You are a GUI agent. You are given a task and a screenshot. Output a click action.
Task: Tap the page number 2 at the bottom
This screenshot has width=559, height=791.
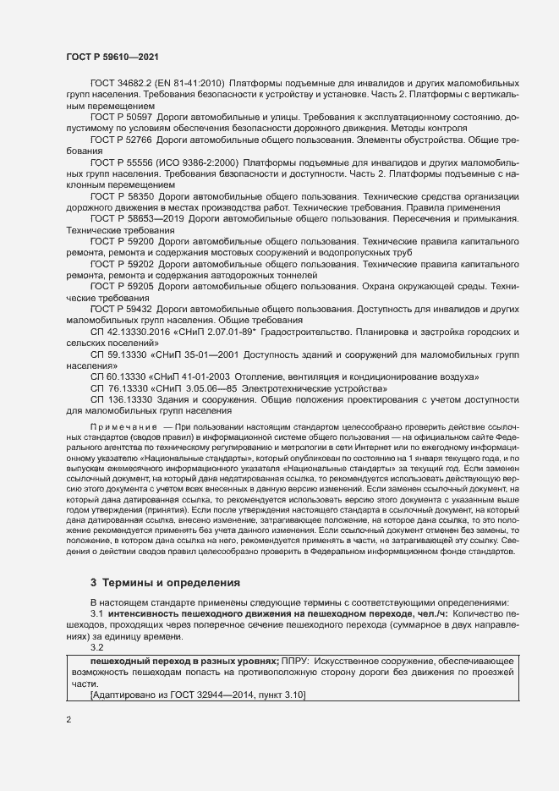click(69, 721)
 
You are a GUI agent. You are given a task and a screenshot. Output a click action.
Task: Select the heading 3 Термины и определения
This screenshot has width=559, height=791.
click(166, 583)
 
